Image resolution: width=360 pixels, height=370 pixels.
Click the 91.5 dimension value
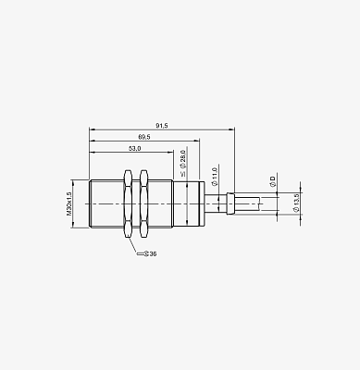point(162,126)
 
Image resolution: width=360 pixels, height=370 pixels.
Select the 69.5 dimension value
point(144,137)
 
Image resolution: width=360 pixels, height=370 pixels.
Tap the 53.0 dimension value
point(134,148)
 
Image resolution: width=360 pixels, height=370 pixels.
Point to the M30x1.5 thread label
point(68,203)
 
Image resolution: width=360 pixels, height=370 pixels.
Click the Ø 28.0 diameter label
point(183,164)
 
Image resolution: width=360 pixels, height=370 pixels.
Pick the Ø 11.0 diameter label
point(215,177)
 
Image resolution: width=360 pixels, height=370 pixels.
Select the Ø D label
point(272,181)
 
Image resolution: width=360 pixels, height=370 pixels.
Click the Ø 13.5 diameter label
point(296,203)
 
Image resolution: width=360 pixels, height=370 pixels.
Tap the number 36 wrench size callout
point(153,253)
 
